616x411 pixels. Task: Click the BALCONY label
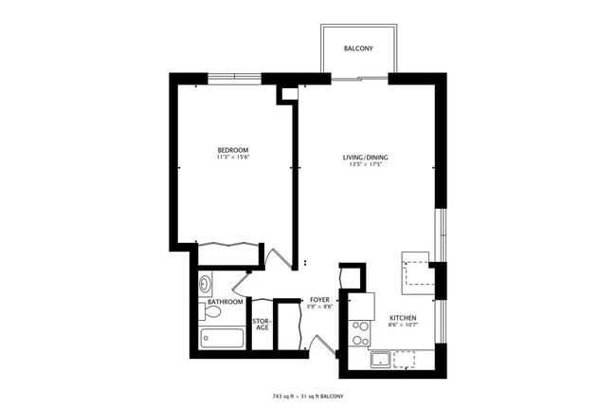pos(357,47)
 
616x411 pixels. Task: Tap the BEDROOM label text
pos(232,151)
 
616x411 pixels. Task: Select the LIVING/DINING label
pos(365,158)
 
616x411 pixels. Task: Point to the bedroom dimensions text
pos(232,159)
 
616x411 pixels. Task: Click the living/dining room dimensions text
pos(365,165)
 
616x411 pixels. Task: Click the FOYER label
pos(319,298)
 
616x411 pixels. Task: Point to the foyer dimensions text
pos(319,306)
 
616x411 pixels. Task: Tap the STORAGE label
pos(261,325)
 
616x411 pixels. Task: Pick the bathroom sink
pos(207,284)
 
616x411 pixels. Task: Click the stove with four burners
pos(360,332)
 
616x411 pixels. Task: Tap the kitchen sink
pos(380,360)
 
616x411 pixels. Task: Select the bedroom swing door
pos(276,258)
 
